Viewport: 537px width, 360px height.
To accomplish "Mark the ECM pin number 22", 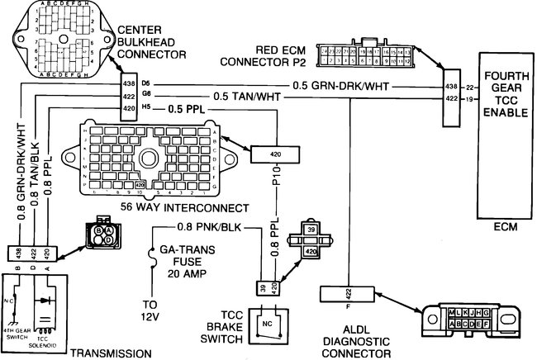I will [x=468, y=87].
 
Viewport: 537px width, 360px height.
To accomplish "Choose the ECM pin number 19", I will [x=468, y=99].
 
